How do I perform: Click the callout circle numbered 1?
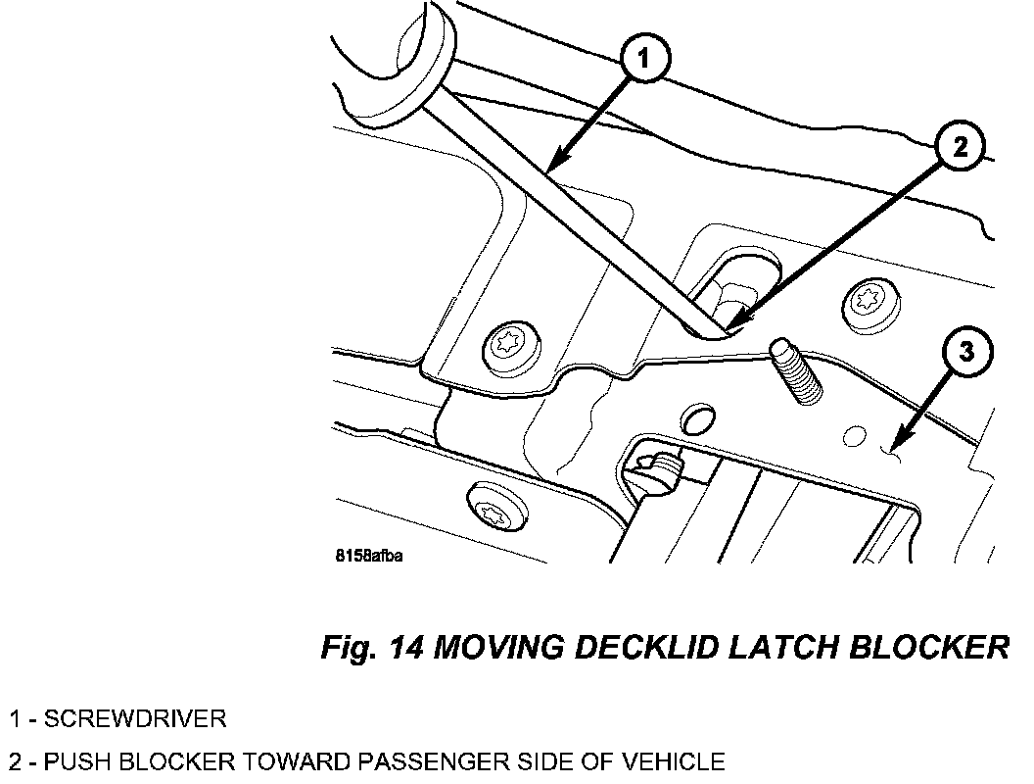click(x=643, y=61)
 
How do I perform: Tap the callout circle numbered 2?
click(x=960, y=147)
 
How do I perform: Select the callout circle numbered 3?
click(x=965, y=351)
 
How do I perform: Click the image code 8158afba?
click(x=370, y=556)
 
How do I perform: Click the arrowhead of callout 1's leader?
click(x=554, y=170)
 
